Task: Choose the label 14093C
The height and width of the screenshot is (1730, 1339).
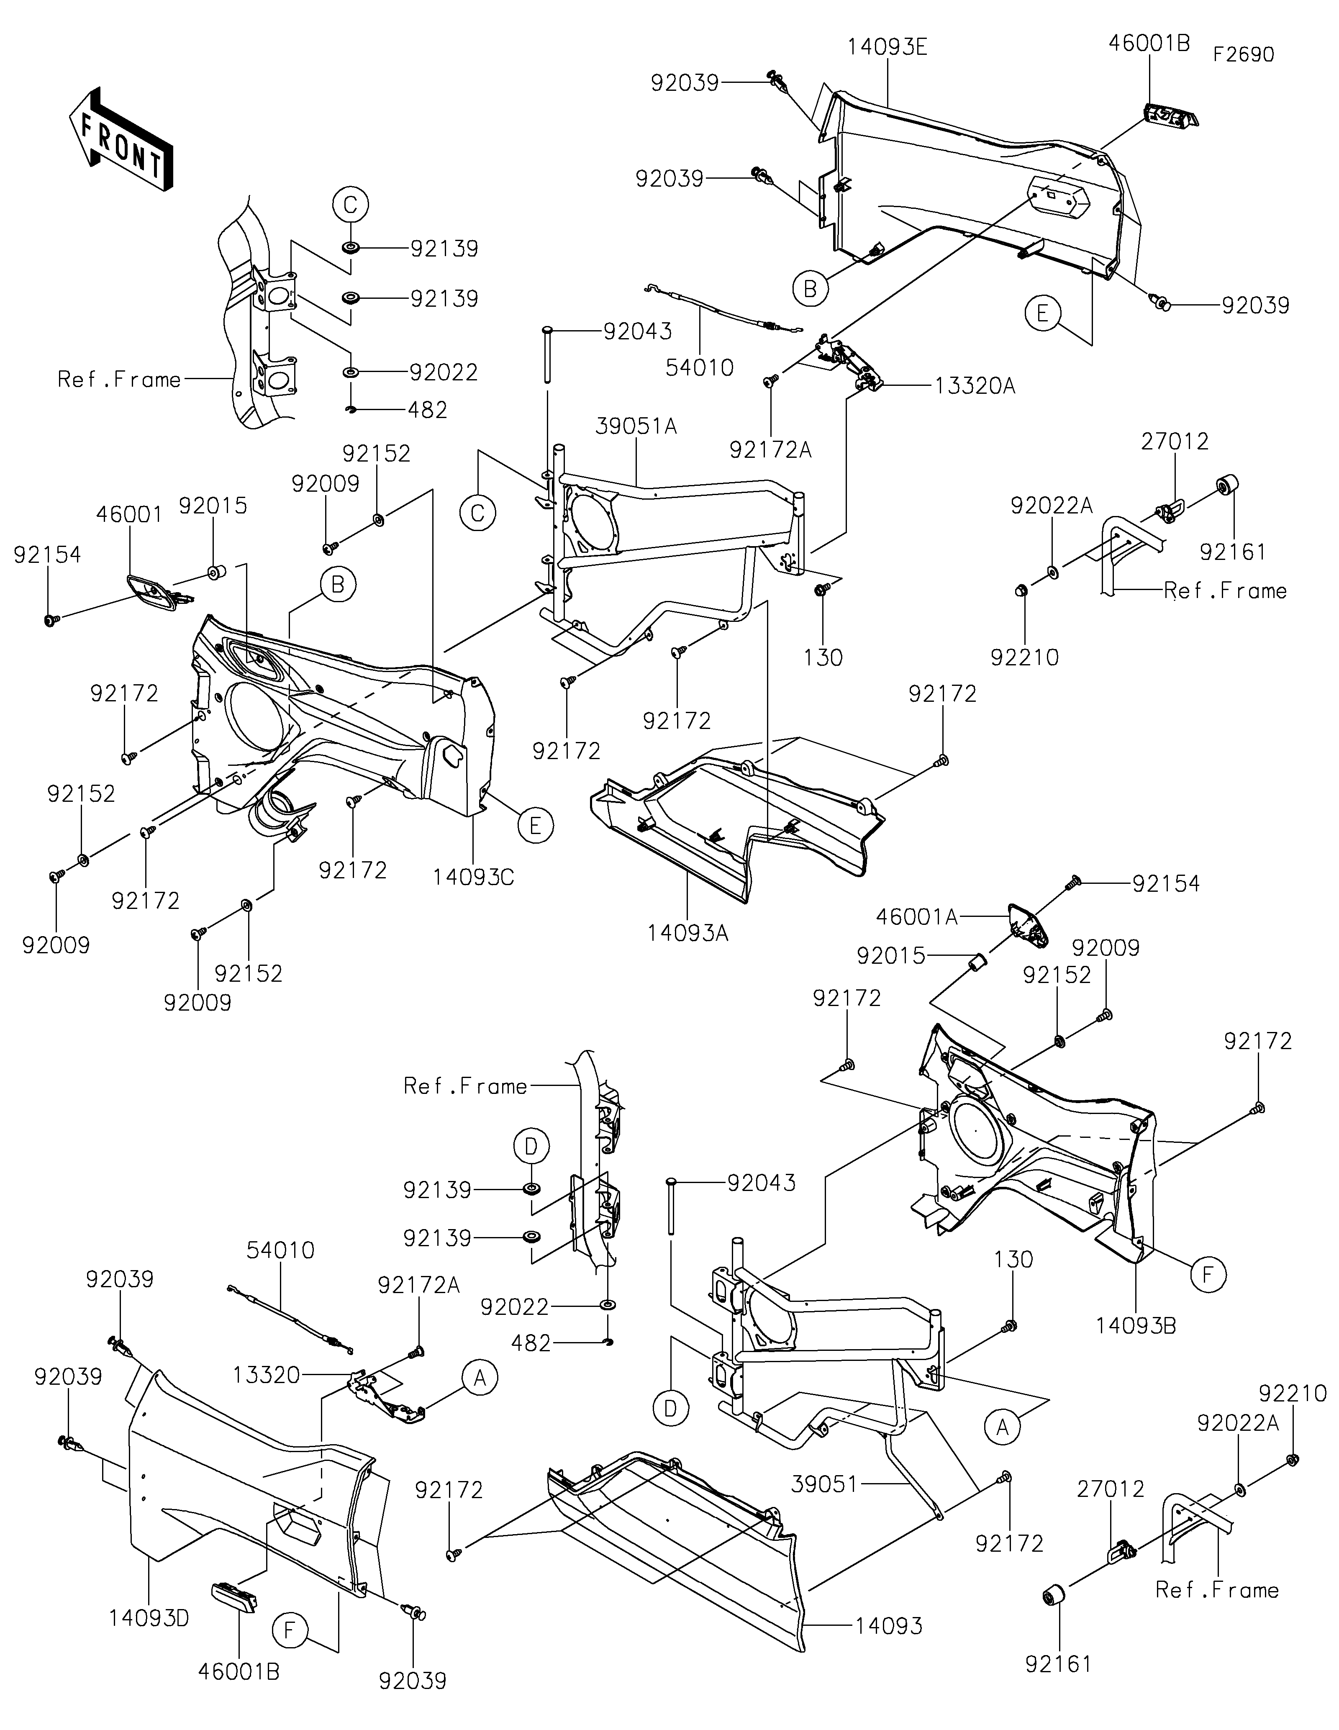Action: click(474, 878)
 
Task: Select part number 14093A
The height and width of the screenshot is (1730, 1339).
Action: click(687, 933)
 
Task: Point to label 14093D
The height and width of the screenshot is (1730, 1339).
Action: click(150, 1618)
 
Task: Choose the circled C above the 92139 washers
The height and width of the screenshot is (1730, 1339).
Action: click(350, 205)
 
